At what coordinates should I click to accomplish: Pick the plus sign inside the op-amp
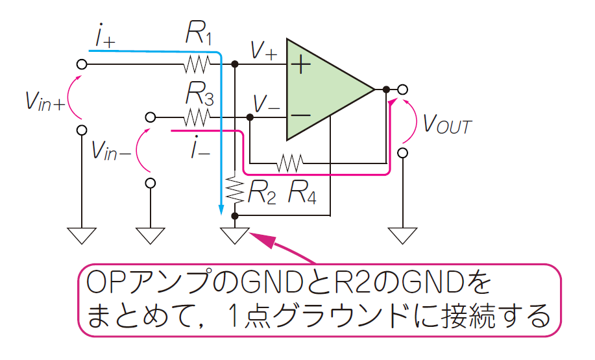tap(300, 64)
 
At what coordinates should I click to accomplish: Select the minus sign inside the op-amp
tap(300, 116)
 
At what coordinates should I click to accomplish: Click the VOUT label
tap(447, 125)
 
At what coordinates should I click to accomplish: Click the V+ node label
tap(263, 50)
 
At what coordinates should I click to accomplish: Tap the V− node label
tap(267, 103)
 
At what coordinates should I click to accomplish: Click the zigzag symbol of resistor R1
tap(196, 64)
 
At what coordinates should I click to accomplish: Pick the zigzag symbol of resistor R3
tap(196, 117)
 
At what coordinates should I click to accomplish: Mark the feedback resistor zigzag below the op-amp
tap(290, 162)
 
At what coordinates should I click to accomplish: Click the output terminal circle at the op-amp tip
tap(403, 89)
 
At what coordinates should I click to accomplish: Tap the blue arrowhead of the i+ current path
tap(221, 210)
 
